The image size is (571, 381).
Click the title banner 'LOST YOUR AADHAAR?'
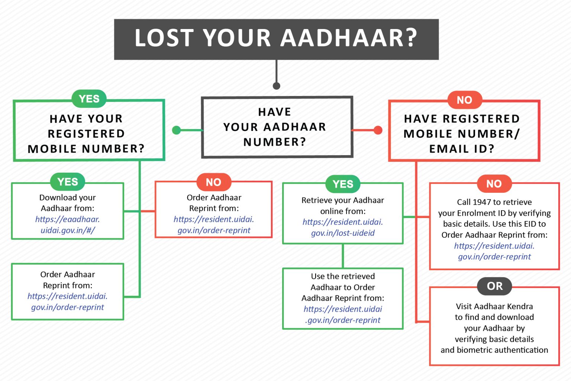click(x=276, y=39)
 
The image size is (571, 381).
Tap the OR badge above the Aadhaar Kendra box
click(x=494, y=286)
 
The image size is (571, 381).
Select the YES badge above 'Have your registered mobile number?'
click(x=89, y=99)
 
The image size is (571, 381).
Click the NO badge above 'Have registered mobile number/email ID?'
click(x=464, y=100)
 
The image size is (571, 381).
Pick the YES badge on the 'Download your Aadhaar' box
click(x=68, y=182)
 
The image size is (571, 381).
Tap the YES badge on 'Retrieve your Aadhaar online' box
click(x=343, y=184)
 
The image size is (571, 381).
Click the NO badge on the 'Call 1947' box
click(x=494, y=184)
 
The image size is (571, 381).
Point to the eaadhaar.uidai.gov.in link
click(x=68, y=225)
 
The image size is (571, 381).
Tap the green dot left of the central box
click(x=177, y=130)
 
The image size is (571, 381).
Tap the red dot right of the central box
click(x=378, y=130)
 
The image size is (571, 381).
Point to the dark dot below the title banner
click(x=276, y=86)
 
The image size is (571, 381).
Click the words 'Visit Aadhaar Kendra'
click(x=494, y=306)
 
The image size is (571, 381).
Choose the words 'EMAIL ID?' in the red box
click(x=462, y=149)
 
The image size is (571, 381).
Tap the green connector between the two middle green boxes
click(x=342, y=256)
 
